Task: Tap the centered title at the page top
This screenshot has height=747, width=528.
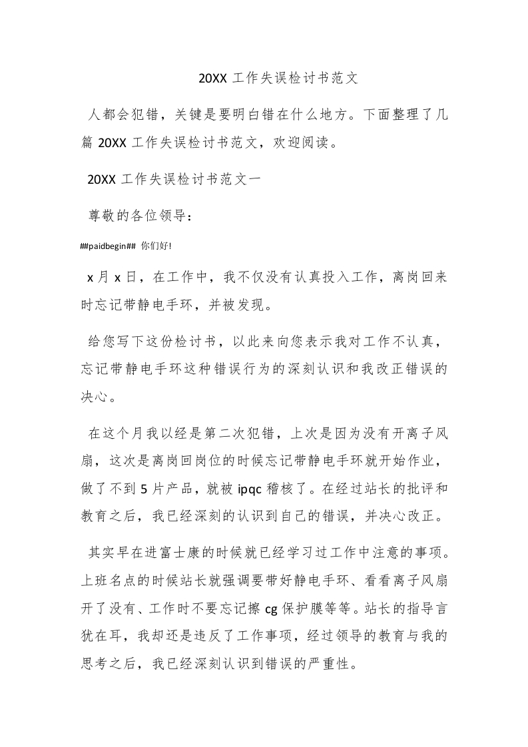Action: (278, 78)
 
